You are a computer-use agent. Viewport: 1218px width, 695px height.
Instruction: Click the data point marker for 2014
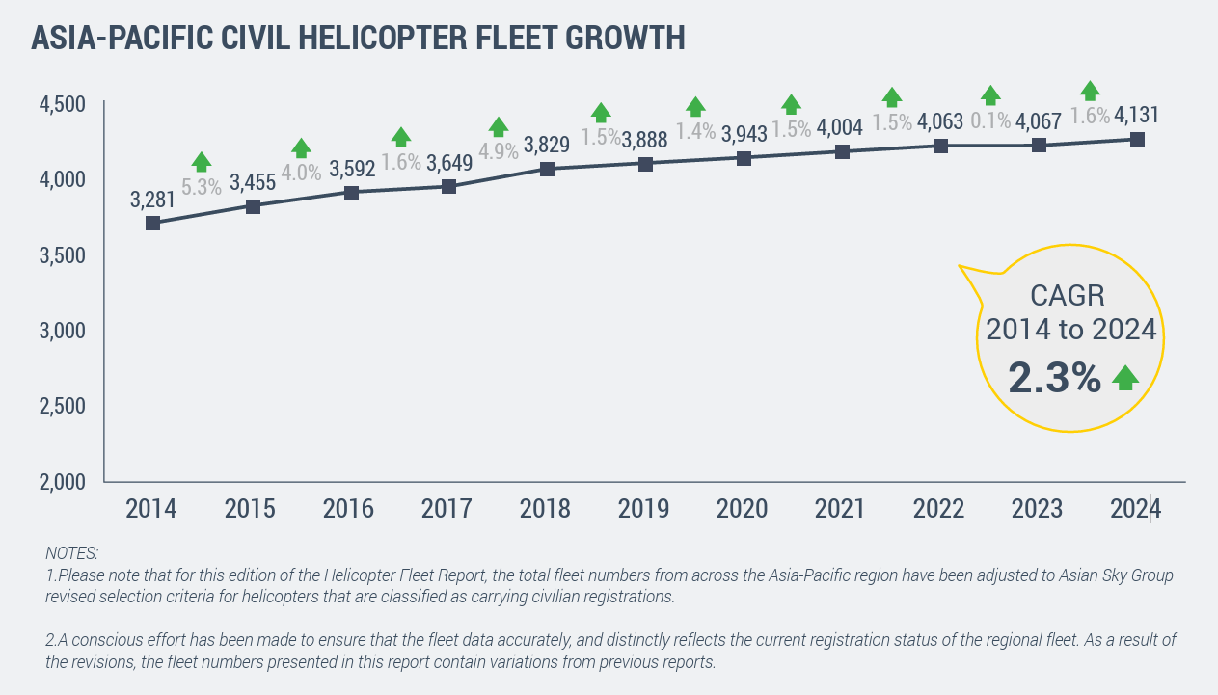[x=152, y=223]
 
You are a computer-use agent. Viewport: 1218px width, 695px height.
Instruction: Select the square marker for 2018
[x=547, y=169]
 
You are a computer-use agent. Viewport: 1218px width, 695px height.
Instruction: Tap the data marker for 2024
[x=1137, y=140]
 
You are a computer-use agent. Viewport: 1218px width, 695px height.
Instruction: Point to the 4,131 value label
[x=1136, y=116]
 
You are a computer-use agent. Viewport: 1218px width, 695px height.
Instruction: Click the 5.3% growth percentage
[x=202, y=187]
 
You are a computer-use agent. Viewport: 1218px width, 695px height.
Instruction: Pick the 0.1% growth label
[x=990, y=120]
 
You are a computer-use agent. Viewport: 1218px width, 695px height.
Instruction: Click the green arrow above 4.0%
[x=301, y=147]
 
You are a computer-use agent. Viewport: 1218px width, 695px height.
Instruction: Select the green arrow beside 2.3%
[x=1125, y=379]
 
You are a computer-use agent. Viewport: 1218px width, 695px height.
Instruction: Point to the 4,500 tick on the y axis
[x=63, y=103]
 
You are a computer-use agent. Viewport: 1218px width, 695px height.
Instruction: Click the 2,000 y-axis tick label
[x=63, y=481]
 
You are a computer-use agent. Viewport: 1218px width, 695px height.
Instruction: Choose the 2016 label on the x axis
[x=348, y=508]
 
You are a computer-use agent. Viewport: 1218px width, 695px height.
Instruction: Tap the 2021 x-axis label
[x=841, y=508]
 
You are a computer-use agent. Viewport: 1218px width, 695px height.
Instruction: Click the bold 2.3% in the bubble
[x=1054, y=378]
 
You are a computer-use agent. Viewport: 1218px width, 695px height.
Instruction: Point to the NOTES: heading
[x=71, y=553]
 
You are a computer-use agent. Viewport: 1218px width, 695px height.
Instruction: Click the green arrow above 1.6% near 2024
[x=1090, y=91]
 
